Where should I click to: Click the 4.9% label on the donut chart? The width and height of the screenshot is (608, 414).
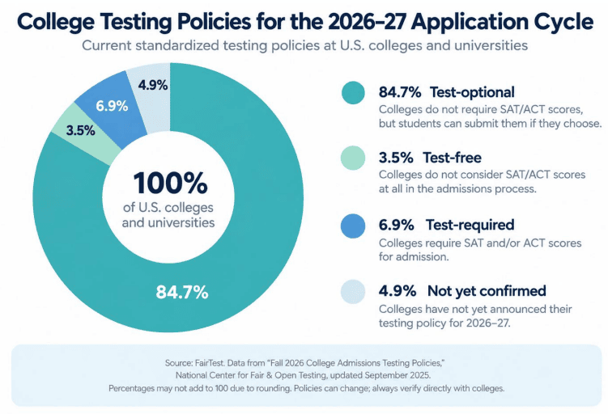click(x=153, y=85)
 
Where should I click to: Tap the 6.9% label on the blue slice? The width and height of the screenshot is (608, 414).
click(x=112, y=106)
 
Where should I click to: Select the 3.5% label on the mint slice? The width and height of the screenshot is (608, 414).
click(x=80, y=130)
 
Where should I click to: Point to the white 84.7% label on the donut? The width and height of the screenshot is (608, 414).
click(x=182, y=292)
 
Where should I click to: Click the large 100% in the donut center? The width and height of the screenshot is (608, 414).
click(x=170, y=183)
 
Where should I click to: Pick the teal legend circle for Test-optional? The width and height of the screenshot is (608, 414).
click(x=353, y=93)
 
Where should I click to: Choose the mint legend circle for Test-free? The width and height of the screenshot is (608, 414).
click(x=353, y=158)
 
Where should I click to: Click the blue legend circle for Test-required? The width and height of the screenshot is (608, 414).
click(x=353, y=226)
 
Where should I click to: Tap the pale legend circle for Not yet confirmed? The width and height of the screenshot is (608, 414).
click(x=353, y=292)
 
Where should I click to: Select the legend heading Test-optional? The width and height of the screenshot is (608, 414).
click(x=472, y=92)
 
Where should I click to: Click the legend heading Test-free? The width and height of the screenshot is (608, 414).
click(x=452, y=158)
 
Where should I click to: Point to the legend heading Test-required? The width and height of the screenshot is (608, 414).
click(x=470, y=225)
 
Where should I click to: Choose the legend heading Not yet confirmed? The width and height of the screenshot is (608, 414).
click(x=487, y=290)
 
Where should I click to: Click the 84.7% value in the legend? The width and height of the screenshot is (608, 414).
click(x=400, y=92)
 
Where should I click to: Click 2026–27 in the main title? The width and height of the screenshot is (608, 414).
click(x=368, y=21)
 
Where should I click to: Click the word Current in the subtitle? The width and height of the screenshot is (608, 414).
click(x=107, y=45)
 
